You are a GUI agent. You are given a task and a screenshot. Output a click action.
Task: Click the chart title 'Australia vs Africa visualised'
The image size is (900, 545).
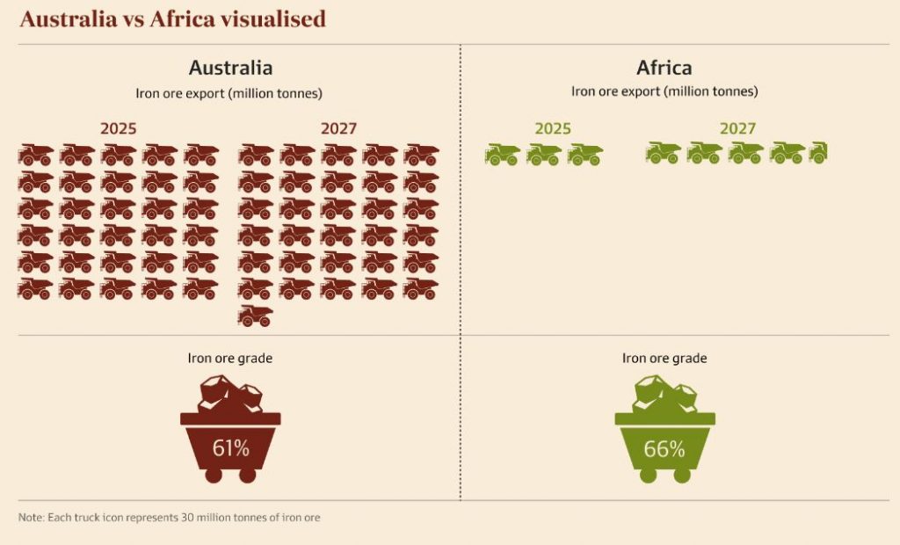(x=172, y=18)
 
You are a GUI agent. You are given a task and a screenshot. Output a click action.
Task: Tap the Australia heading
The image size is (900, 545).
(x=230, y=68)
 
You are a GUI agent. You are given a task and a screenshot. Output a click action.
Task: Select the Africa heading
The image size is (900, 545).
(x=664, y=68)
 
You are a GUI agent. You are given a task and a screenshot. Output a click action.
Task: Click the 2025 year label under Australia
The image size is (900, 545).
(x=119, y=128)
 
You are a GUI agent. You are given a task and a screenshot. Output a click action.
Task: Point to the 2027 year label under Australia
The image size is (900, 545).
(x=338, y=128)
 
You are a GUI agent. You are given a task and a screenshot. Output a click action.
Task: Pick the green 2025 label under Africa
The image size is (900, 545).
(x=553, y=128)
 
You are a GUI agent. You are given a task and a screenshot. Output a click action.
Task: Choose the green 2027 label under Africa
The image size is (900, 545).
(x=737, y=128)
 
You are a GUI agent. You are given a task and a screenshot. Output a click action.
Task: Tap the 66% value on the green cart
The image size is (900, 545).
(x=664, y=448)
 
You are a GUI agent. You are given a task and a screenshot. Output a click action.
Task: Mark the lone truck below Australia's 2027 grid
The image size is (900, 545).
(x=256, y=316)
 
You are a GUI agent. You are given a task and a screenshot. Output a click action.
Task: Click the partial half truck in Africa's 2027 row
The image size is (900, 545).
(x=818, y=152)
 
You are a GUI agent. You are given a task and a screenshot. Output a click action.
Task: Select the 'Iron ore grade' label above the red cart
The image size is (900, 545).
(x=230, y=358)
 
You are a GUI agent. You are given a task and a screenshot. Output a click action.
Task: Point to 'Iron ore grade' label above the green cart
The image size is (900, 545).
(x=664, y=358)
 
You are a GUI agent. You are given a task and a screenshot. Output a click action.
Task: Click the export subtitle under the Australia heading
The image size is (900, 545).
(x=230, y=91)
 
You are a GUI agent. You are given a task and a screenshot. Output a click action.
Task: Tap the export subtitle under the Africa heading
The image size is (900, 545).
(x=664, y=91)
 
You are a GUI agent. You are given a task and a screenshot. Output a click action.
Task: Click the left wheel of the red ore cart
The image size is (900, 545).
(x=214, y=475)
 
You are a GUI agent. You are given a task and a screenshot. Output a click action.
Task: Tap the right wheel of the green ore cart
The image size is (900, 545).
(x=681, y=475)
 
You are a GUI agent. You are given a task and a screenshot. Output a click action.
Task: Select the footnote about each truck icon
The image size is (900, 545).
(x=170, y=518)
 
